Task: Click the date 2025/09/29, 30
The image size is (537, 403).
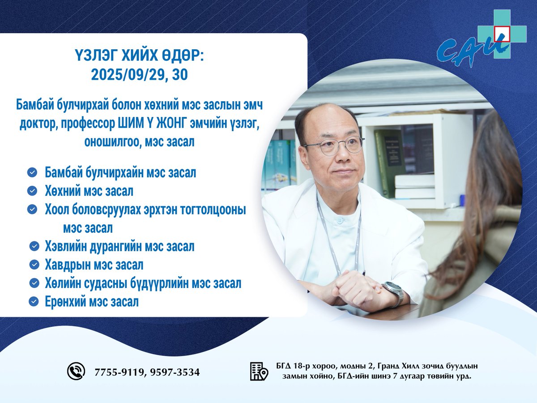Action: pos(139,74)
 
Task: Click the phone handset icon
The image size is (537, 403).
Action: pos(76,371)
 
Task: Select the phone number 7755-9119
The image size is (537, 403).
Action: pos(118,372)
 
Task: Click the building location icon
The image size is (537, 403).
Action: pos(259,371)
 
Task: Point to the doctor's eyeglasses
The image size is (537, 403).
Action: pos(333,146)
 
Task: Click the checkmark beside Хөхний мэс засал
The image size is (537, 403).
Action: pos(32,191)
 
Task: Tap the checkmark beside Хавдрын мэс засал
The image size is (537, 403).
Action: pos(34,265)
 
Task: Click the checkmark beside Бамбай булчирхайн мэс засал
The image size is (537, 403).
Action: pos(32,172)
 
